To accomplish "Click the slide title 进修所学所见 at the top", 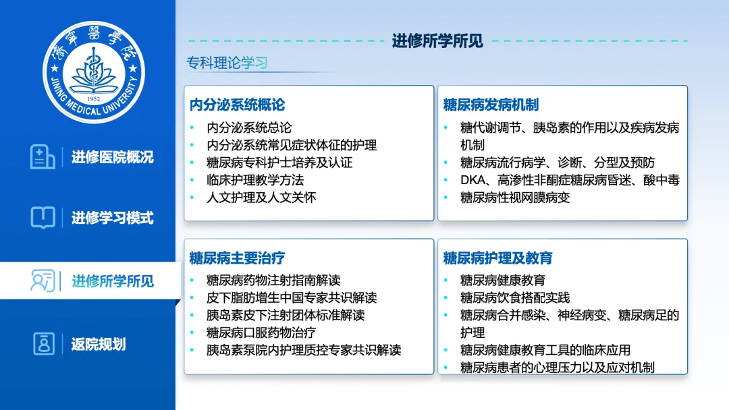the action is [437, 41].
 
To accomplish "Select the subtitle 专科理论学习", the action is [227, 63].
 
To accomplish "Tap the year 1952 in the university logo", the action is [93, 99].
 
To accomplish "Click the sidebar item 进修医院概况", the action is [113, 157].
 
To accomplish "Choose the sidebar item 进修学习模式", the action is [113, 217].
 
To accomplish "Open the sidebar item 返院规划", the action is [99, 344].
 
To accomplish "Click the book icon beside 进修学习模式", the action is [43, 217].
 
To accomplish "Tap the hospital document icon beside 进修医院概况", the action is [43, 156].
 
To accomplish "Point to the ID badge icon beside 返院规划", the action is [44, 344].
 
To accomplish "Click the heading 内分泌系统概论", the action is [237, 105].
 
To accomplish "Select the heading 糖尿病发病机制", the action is [491, 105].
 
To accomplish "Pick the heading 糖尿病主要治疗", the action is [237, 258].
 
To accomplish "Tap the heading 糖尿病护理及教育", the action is [497, 258].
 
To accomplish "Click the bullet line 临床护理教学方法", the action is [255, 180].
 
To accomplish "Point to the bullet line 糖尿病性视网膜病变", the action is [515, 198].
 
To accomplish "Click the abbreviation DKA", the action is [473, 180].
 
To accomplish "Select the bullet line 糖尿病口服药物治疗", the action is [261, 332].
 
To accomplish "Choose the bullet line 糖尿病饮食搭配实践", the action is [515, 297].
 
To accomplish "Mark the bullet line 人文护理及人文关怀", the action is [261, 198].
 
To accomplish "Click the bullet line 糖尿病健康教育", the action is [503, 281].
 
